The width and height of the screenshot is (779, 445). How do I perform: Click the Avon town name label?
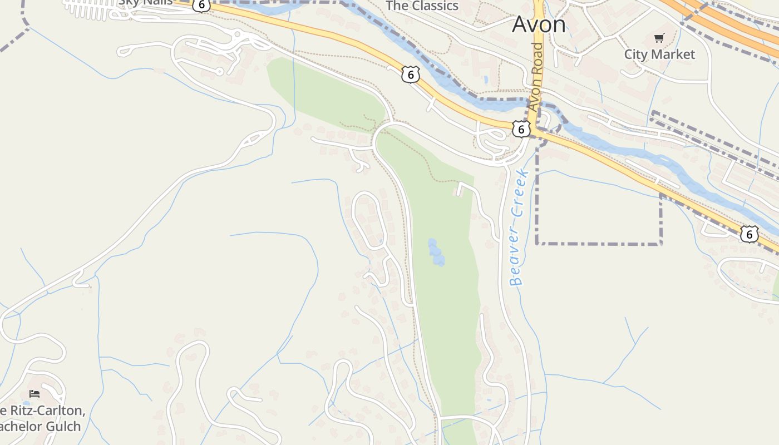point(538,24)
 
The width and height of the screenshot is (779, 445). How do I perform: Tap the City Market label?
point(659,54)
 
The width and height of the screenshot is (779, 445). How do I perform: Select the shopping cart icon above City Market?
point(659,38)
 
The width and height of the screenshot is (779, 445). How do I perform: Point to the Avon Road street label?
point(535,77)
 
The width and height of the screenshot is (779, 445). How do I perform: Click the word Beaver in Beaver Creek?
point(517,261)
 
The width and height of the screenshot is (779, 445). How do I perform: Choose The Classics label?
point(422,6)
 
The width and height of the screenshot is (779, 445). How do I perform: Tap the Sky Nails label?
point(146,3)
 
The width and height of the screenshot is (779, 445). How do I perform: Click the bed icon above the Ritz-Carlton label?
point(34,394)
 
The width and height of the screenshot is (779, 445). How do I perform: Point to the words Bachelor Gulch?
point(40,427)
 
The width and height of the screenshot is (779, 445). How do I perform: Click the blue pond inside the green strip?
point(436,252)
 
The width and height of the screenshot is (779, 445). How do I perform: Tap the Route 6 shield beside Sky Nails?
point(201,4)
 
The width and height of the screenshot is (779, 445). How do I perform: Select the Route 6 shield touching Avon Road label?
point(520,129)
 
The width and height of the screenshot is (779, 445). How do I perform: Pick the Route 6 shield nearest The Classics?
point(410,75)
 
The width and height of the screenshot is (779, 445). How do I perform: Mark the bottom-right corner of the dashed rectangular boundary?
point(661,244)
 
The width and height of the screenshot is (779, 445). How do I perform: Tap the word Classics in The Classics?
point(432,6)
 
